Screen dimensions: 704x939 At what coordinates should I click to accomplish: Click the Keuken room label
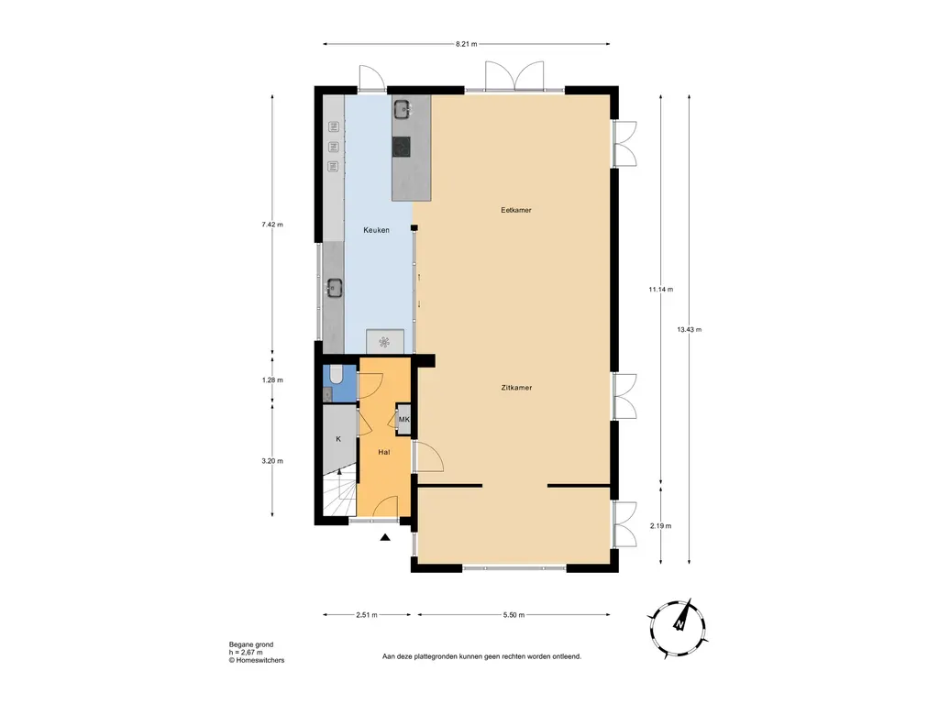376,231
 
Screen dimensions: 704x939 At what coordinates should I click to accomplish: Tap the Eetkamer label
515,210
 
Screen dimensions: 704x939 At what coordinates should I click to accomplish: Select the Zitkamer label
516,388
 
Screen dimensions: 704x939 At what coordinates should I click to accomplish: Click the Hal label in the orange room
385,453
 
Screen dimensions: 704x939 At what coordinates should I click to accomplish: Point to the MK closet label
403,421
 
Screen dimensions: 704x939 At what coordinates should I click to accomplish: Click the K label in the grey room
338,439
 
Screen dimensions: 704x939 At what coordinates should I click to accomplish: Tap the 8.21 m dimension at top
467,43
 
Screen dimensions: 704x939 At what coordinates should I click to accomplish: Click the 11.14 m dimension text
660,290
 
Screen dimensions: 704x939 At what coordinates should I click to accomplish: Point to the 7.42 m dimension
272,225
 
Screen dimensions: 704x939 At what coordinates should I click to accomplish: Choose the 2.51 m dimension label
368,615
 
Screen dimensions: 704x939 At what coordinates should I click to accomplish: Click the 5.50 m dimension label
512,615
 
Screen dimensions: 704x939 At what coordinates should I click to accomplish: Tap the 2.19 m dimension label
660,526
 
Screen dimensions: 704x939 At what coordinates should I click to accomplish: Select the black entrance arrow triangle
386,538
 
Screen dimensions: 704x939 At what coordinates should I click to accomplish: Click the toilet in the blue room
335,373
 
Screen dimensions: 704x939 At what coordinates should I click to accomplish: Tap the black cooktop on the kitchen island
402,146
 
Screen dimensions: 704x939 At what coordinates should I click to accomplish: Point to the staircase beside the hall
337,499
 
